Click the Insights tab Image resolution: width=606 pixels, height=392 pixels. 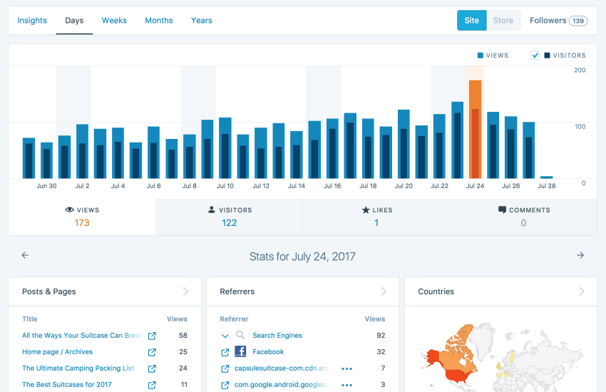(32, 21)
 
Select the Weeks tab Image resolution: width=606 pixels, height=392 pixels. (114, 21)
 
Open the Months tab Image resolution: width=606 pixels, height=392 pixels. (158, 21)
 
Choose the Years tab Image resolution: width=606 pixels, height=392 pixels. (202, 21)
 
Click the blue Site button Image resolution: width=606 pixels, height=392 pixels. (471, 21)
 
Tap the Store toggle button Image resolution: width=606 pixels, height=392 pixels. (503, 21)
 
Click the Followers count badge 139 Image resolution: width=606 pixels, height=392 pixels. (578, 21)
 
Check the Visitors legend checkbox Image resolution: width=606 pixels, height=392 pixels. (535, 56)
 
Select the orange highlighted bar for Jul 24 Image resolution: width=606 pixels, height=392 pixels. (475, 128)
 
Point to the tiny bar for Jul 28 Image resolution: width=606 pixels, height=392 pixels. (546, 177)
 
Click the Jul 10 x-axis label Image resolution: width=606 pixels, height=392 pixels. (225, 186)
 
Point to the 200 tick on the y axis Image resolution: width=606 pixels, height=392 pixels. (580, 70)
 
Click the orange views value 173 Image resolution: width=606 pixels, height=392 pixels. (82, 223)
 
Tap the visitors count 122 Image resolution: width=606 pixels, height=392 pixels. (229, 223)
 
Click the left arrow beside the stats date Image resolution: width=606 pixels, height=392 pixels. (25, 255)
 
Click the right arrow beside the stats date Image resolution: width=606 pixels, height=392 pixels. (580, 255)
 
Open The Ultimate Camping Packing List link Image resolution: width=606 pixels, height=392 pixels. (78, 368)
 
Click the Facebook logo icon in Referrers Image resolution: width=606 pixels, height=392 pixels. (240, 351)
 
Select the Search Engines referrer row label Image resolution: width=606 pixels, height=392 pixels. (277, 335)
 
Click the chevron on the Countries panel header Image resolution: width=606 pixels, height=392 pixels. (582, 292)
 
